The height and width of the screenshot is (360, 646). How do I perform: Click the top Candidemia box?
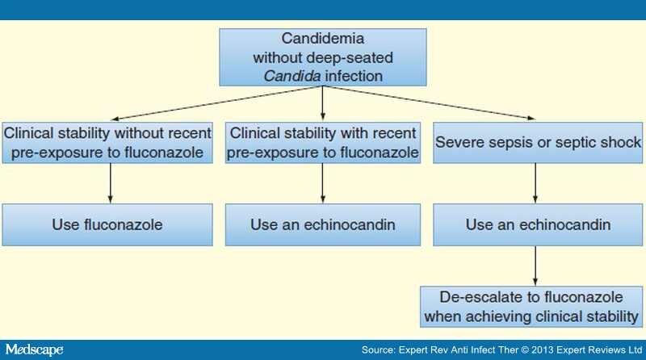[x=322, y=57]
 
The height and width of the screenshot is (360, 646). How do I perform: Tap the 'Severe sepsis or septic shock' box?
[x=536, y=142]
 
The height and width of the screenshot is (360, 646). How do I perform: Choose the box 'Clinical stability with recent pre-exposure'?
[x=323, y=142]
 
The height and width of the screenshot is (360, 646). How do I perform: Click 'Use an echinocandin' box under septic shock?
[x=536, y=224]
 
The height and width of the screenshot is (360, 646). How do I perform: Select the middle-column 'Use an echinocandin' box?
[x=323, y=224]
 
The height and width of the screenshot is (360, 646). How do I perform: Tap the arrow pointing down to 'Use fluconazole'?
[x=109, y=183]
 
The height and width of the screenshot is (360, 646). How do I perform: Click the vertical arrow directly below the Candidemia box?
[x=323, y=103]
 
